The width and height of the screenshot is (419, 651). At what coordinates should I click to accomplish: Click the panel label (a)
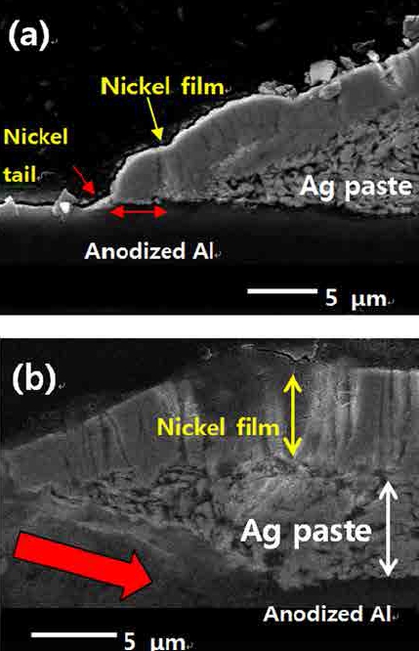coord(28,36)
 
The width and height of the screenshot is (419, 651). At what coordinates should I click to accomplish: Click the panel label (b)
coord(33,378)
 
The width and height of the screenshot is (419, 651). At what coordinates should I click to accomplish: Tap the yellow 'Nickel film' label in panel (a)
coord(162,86)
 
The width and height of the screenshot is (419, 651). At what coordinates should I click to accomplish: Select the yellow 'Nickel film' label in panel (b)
coord(218,427)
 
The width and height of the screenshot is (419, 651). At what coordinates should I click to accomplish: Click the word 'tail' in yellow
coord(20,174)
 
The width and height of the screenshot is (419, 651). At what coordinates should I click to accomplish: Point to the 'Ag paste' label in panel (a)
coord(356,187)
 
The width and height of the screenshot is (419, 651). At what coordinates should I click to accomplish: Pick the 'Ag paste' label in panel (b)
coord(306,532)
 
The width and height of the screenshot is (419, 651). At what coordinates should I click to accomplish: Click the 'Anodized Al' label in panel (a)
coord(148,251)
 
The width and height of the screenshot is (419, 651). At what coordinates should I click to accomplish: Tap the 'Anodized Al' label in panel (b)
coord(328,614)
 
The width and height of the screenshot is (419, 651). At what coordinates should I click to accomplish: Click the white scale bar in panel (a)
coord(282,291)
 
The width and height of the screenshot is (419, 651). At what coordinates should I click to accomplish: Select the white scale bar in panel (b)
coord(74,634)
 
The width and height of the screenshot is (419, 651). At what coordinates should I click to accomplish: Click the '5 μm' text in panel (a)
coord(356,298)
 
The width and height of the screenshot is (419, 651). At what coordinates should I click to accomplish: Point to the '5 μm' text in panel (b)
coord(154,641)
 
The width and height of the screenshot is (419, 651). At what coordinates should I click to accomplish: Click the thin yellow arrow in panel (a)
coord(154,118)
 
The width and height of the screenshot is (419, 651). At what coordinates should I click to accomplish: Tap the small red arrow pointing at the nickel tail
coord(84,181)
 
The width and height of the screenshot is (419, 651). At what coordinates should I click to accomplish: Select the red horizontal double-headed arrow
coord(138,212)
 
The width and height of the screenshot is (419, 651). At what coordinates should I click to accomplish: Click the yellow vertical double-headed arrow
coord(292,415)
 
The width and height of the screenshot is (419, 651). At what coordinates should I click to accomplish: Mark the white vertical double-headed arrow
coord(389,528)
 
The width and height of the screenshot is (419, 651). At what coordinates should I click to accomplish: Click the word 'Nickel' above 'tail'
coord(36,137)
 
